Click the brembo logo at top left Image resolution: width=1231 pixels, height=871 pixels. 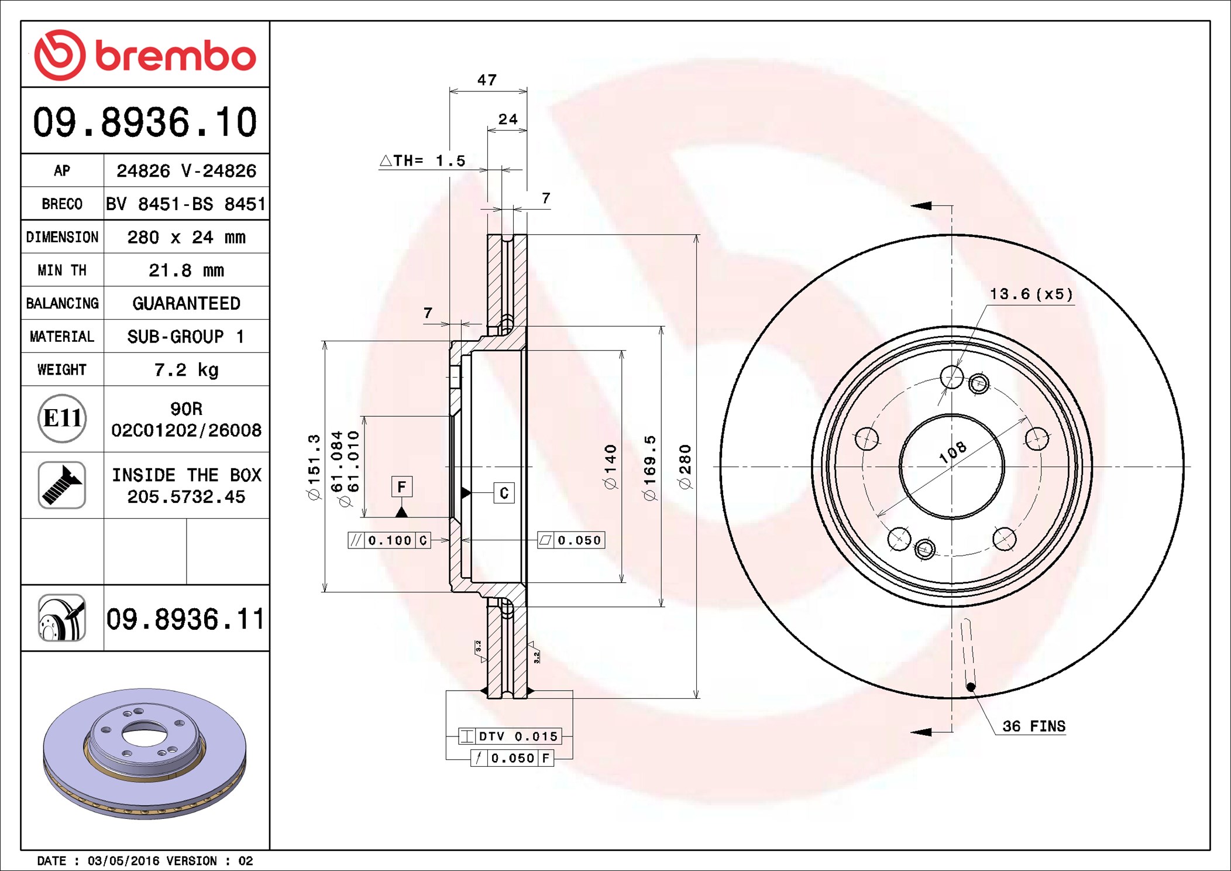(145, 55)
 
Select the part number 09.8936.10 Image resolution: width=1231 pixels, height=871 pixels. (145, 122)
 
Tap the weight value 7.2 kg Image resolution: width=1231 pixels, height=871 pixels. (186, 370)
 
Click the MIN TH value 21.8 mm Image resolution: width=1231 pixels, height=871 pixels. (186, 270)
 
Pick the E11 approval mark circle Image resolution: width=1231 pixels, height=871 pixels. (62, 419)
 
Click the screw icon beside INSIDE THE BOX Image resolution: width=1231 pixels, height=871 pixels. (62, 485)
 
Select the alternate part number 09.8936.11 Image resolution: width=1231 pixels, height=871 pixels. (185, 619)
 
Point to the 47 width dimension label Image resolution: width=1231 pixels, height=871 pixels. (487, 80)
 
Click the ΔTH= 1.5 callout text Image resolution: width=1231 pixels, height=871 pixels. (422, 160)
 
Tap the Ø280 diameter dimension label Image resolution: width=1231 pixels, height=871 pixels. (685, 467)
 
